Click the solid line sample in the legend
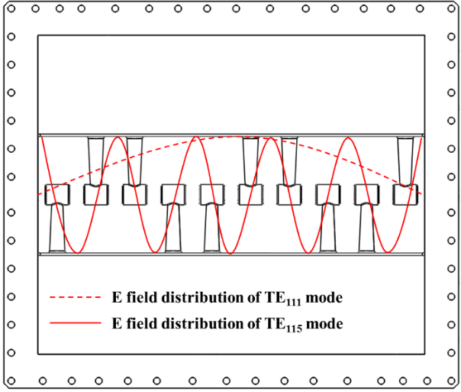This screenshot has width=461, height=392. (x=75, y=324)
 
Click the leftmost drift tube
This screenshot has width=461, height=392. (x=56, y=195)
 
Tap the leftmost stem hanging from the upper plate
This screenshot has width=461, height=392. (x=95, y=160)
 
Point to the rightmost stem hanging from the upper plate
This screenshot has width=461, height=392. (x=405, y=160)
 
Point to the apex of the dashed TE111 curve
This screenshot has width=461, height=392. (x=233, y=137)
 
